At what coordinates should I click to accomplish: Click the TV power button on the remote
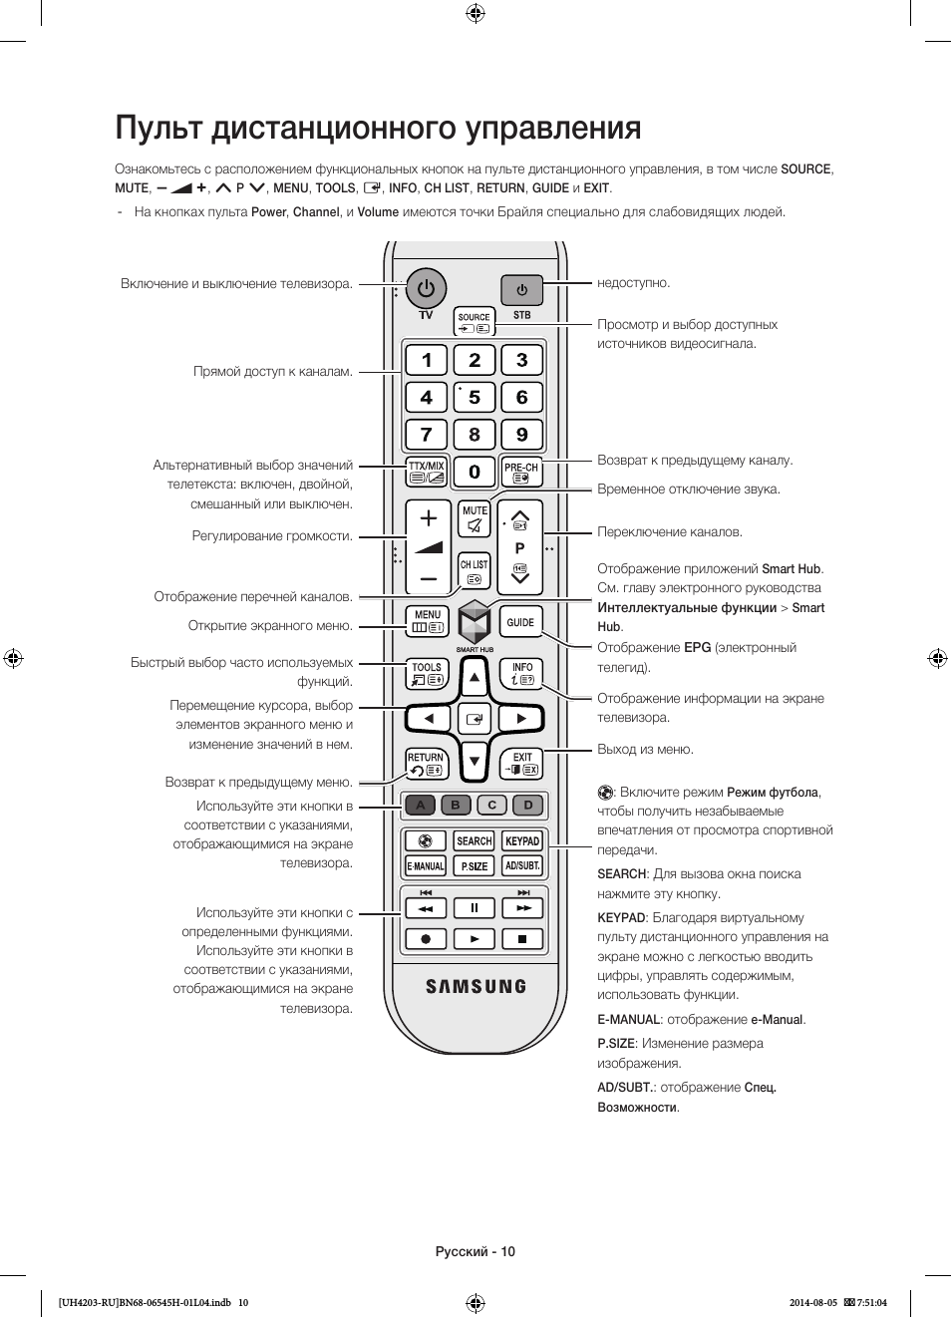coord(426,289)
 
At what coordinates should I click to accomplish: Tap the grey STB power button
coord(521,290)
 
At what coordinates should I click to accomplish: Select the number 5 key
coord(474,398)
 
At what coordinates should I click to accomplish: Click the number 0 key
coord(474,472)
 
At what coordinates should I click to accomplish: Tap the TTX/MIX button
coord(427,472)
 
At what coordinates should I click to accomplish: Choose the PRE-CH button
coord(521,472)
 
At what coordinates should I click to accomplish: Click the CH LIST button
coord(474,570)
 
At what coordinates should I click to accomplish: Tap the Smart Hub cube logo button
coord(474,622)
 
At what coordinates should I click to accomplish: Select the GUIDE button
coord(520,622)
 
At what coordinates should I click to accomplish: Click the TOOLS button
coord(427,674)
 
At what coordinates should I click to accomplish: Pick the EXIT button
coord(521,764)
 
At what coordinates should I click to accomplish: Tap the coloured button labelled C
coord(492,806)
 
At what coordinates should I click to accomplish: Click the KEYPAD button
coord(522,840)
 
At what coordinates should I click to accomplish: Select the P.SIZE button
coord(474,865)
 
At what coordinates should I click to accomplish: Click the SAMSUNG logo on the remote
coord(476,986)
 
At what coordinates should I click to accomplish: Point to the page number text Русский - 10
coord(476,1251)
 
